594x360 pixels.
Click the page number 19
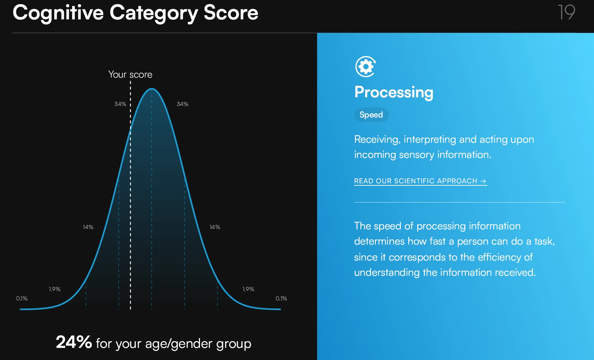click(566, 12)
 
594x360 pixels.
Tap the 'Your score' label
click(130, 74)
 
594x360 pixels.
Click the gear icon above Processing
click(365, 66)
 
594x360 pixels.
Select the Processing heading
click(394, 92)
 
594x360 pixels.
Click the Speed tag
click(371, 115)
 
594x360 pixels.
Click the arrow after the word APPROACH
click(483, 181)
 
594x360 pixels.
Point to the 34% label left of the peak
click(120, 104)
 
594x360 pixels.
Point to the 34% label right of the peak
click(182, 104)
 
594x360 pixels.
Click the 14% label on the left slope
click(88, 227)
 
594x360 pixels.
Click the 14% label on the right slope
click(215, 227)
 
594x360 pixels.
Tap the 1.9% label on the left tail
click(54, 289)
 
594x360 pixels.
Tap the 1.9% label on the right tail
click(248, 289)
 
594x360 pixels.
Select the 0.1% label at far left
click(22, 298)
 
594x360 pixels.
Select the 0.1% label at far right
click(281, 298)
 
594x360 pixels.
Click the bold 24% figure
click(74, 342)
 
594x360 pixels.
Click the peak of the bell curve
click(152, 89)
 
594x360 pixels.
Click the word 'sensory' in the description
click(416, 155)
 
